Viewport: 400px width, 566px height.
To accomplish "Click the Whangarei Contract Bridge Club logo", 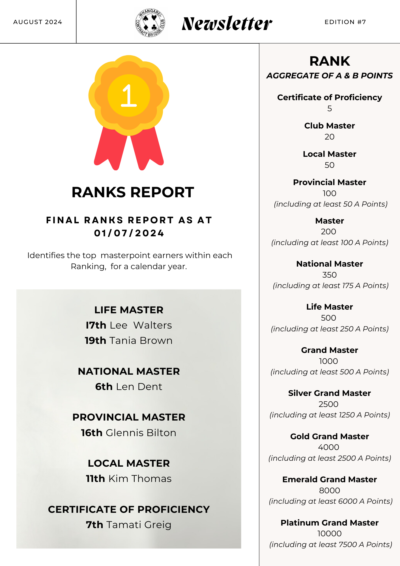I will [x=150, y=23].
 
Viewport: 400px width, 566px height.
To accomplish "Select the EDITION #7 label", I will [x=345, y=22].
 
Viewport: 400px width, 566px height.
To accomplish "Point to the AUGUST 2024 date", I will [x=38, y=22].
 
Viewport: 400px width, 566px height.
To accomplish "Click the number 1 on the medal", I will [x=129, y=96].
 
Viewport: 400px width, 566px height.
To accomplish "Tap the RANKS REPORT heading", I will [x=133, y=192].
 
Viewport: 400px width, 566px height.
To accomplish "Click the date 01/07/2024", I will [x=129, y=233].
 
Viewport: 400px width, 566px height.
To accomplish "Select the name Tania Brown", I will [x=141, y=340].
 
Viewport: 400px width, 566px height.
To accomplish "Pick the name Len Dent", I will [x=139, y=387].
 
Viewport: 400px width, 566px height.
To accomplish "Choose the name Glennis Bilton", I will [x=141, y=433].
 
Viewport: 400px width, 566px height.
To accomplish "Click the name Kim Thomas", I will [x=140, y=479].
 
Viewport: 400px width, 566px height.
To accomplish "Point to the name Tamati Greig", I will [x=139, y=525].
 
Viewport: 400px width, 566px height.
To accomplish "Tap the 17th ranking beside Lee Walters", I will [x=96, y=325].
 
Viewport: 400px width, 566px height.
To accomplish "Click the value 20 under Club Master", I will [x=329, y=137].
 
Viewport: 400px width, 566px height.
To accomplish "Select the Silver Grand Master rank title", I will [x=329, y=393].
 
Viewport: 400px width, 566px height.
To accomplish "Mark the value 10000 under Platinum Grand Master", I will [x=329, y=533].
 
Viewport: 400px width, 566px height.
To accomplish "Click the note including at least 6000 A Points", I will [x=330, y=501].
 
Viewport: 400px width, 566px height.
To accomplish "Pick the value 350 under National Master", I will [x=329, y=275].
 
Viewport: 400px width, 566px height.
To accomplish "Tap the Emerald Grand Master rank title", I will [x=329, y=479].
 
